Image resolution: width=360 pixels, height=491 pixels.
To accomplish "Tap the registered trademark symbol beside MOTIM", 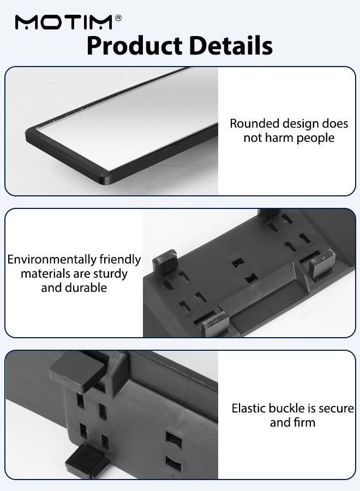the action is tap(118, 18).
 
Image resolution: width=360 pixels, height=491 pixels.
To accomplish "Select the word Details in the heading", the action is tap(231, 46).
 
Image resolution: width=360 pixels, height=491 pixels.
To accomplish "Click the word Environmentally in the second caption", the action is tap(52, 260).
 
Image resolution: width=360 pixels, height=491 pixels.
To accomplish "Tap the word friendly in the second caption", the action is tap(120, 260).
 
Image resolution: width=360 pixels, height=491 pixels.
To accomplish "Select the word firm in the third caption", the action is tap(303, 423).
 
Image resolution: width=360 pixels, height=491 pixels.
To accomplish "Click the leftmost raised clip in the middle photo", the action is tap(165, 262).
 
